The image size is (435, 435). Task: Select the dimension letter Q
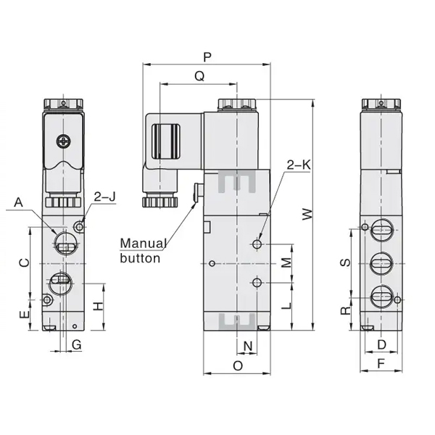199,75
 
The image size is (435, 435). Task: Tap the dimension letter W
307,215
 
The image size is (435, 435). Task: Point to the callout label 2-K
298,165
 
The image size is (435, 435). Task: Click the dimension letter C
23,262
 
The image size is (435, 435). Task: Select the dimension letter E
23,315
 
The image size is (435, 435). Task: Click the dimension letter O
237,366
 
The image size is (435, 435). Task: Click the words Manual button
144,250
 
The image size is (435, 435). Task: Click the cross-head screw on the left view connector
66,143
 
